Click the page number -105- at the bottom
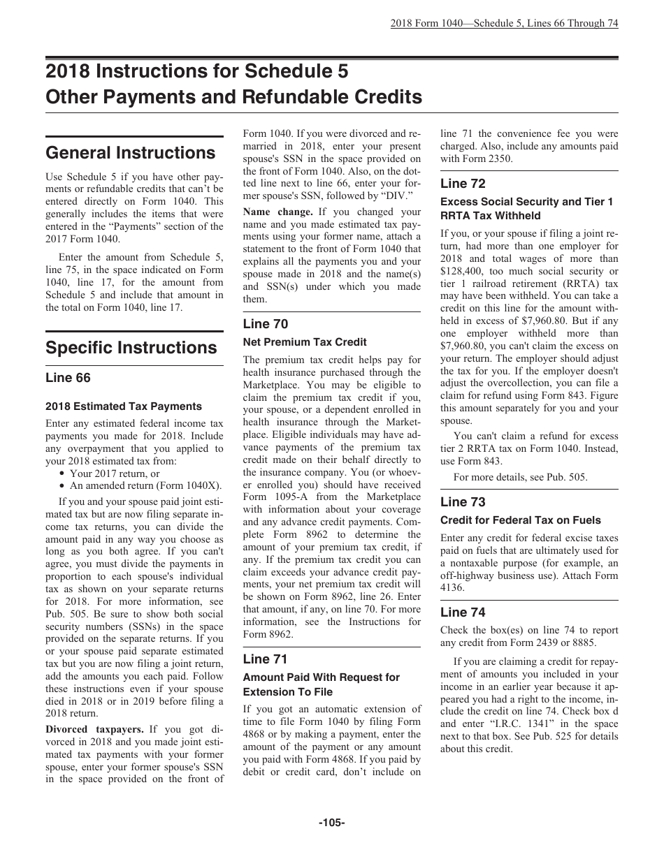pos(331,823)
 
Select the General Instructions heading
pos(130,153)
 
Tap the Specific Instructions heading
pos(131,348)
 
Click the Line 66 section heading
pos(68,378)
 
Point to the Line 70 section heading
pos(266,323)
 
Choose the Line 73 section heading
pos(463,501)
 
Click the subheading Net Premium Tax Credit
pos(305,342)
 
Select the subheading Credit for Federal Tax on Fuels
pos(520,520)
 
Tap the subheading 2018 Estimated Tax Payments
pos(124,406)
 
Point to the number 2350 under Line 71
pos(500,159)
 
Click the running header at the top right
pos(504,23)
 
